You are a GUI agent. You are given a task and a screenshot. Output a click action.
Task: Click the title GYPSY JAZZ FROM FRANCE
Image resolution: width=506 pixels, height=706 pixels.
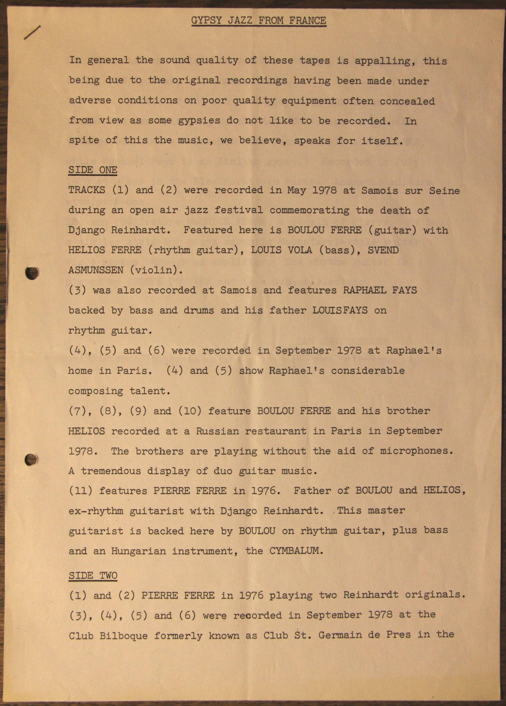(259, 21)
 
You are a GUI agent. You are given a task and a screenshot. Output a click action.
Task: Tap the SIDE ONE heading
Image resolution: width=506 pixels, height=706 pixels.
(93, 170)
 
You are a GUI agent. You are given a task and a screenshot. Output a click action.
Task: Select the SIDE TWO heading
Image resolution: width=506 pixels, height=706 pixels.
(93, 576)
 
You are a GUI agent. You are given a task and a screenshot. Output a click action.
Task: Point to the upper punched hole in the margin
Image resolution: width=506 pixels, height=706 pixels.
(32, 273)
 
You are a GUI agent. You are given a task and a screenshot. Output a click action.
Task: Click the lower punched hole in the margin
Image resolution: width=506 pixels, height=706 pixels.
(32, 460)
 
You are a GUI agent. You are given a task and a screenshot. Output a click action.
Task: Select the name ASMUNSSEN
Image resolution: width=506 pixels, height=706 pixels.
(96, 270)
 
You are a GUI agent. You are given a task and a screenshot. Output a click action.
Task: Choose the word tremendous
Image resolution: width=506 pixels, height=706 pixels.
(111, 471)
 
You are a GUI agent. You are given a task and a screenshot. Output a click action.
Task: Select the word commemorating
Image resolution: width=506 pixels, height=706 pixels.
(309, 210)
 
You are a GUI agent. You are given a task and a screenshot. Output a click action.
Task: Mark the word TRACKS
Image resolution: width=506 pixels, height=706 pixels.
(86, 190)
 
